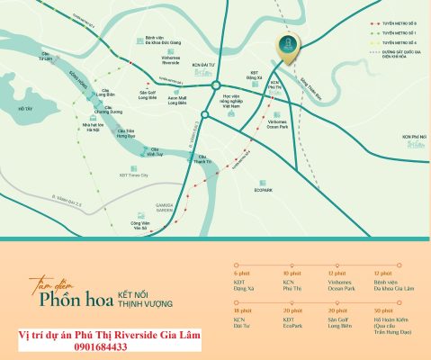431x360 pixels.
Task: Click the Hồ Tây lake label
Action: tap(24, 109)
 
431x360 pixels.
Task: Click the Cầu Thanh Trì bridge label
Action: tap(203, 158)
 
